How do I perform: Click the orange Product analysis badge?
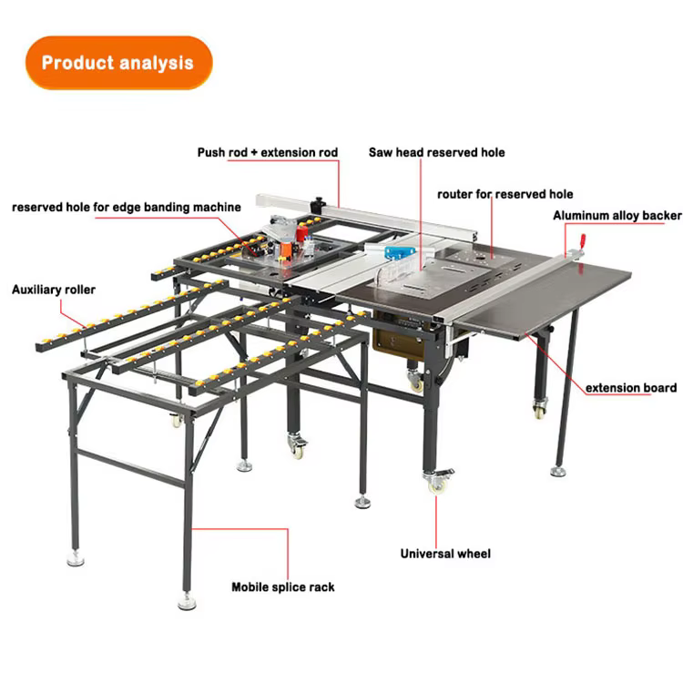point(119,63)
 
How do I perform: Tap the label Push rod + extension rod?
point(268,152)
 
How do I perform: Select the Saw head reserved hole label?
point(436,152)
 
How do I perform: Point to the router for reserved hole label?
point(505,194)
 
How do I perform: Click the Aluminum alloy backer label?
point(617,216)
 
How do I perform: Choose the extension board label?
point(631,388)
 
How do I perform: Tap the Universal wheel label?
point(445,554)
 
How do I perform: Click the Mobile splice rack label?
point(283,587)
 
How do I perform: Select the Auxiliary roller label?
point(54,290)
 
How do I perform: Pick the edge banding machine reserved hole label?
point(127,208)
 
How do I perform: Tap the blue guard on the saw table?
point(399,252)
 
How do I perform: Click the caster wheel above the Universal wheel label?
point(438,481)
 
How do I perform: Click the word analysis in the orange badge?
point(156,63)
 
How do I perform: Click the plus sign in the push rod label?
point(254,153)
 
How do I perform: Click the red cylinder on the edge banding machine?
point(301,232)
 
